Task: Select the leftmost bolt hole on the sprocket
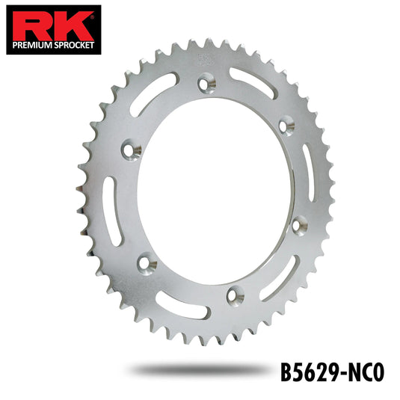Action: (137, 152)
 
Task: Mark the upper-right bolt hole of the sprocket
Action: (284, 126)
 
